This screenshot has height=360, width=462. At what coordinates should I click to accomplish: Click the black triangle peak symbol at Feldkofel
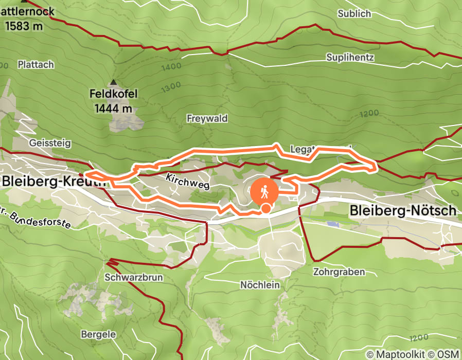click(113, 82)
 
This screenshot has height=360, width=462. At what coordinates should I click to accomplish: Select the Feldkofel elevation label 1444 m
click(113, 108)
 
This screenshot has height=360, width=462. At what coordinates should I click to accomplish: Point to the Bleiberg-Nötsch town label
click(402, 210)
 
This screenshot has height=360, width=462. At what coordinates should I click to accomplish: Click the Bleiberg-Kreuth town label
click(54, 182)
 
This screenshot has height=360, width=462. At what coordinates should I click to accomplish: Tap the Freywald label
click(207, 118)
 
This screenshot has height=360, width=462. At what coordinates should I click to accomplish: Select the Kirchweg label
click(188, 181)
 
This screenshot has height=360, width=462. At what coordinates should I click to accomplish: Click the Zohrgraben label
click(339, 272)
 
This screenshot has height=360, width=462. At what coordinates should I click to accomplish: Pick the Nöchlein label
click(260, 284)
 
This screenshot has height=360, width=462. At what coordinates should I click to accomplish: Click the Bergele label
click(98, 334)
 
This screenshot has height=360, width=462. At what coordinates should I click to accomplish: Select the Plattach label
click(35, 65)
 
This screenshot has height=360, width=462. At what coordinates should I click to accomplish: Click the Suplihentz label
click(350, 57)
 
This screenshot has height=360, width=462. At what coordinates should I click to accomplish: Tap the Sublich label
click(354, 14)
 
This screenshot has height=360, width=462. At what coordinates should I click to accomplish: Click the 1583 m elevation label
click(24, 26)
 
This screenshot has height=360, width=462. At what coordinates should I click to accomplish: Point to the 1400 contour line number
click(171, 67)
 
